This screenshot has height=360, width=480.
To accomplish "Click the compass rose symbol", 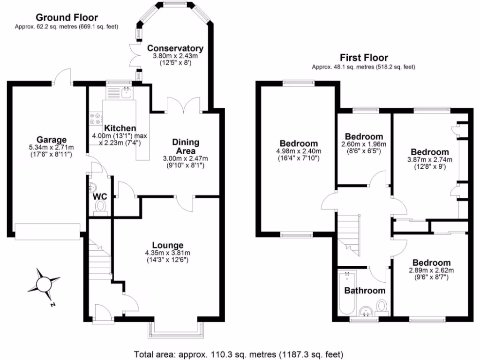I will point(43,284).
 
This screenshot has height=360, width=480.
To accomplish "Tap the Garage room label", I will point(51,139).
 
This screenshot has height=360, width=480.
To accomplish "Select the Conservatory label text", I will point(175,48).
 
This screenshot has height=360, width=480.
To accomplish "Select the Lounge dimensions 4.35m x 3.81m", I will point(167,253).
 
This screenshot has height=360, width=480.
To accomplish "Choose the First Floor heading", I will point(364,58).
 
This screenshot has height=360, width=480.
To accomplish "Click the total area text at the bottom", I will point(240,353).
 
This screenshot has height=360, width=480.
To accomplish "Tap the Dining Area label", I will point(186,146).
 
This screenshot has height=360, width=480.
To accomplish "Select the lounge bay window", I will point(177,330).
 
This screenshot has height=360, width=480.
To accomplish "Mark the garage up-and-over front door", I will point(47,231).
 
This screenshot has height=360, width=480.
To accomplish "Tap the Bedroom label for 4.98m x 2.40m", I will point(299,143).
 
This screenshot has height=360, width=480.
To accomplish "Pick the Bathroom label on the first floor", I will point(365,291).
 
